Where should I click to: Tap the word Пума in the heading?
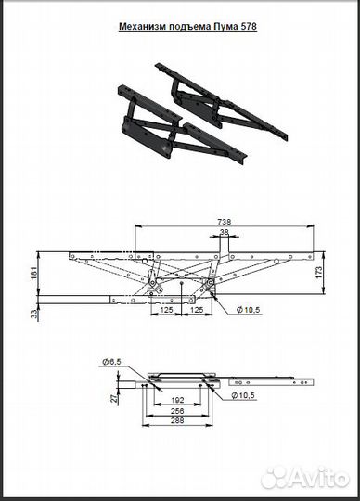coord(224,27)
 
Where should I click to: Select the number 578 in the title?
coord(248,27)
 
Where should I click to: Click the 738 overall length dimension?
coord(225,222)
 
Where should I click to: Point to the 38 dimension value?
coord(225,232)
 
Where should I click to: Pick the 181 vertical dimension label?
coord(34,273)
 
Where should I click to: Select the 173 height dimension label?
coord(319,273)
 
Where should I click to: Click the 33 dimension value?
coord(34,315)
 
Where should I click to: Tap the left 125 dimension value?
coord(166,310)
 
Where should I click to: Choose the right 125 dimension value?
coord(197,310)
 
